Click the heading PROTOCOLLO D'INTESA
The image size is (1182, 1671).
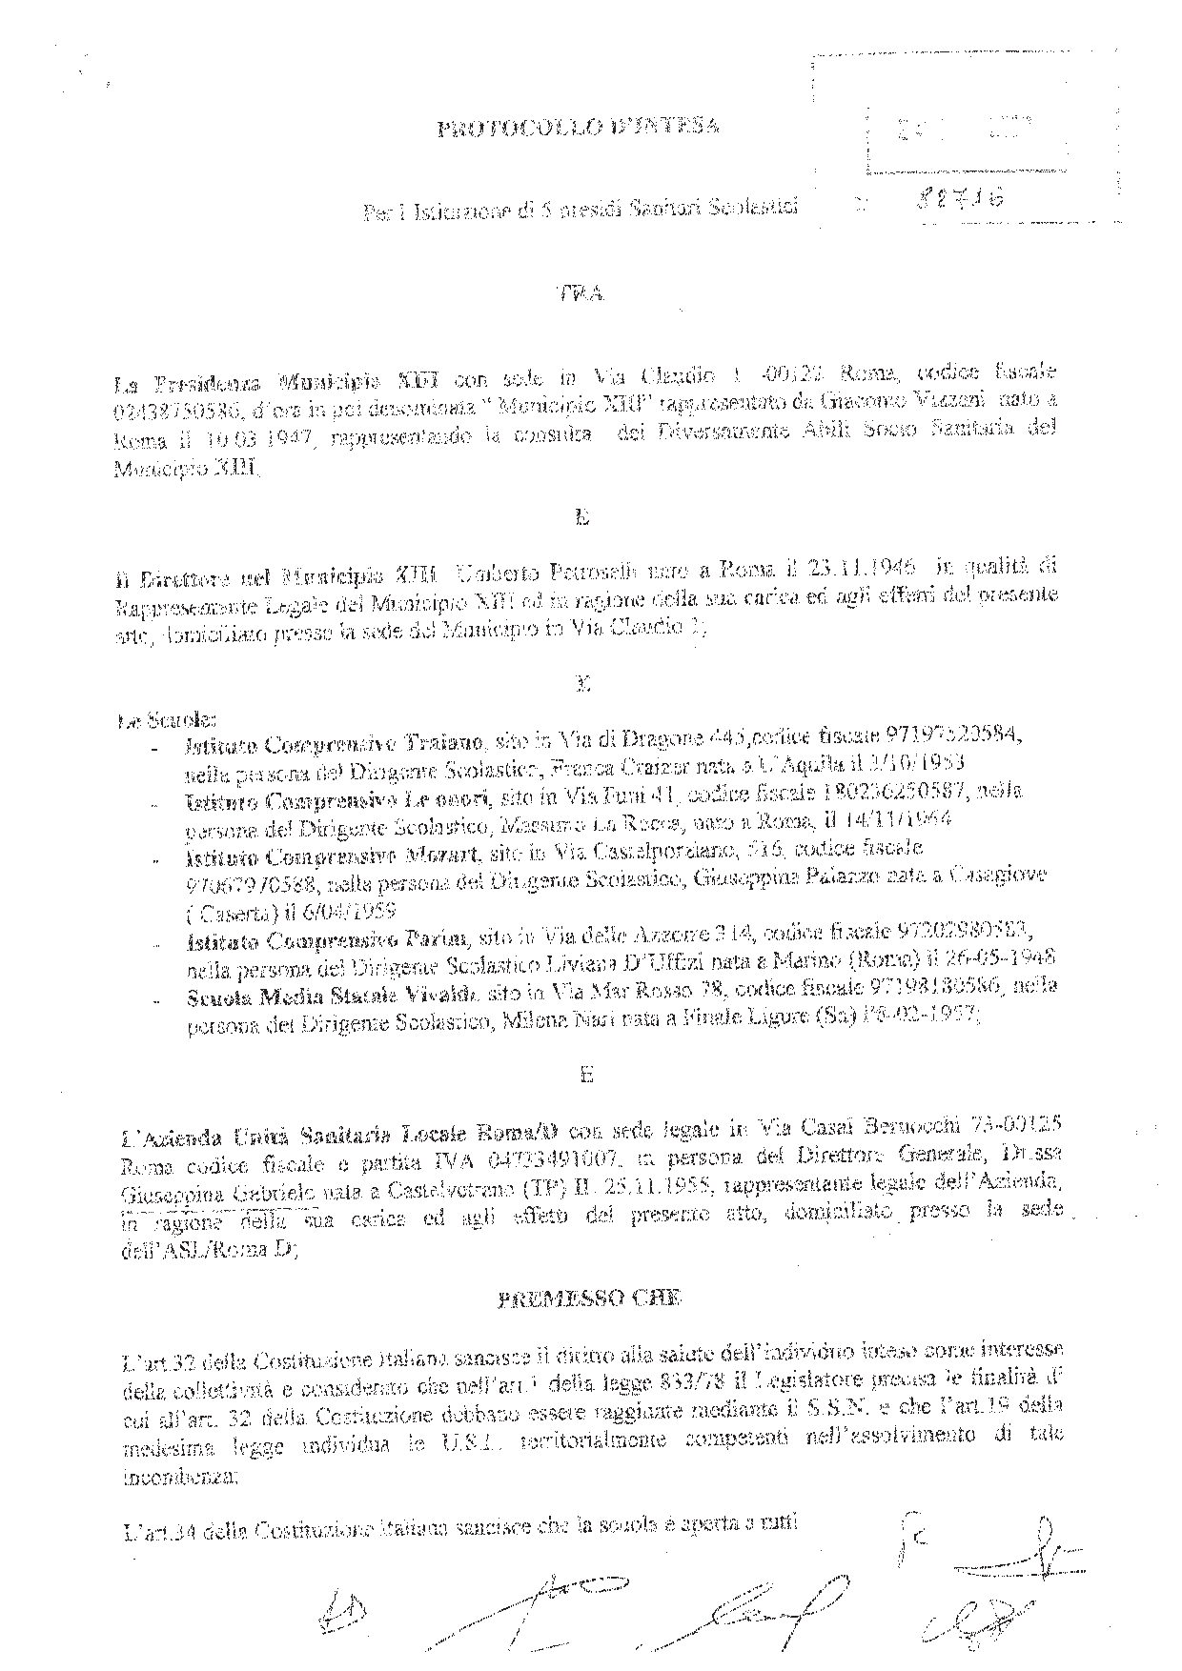577,129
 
